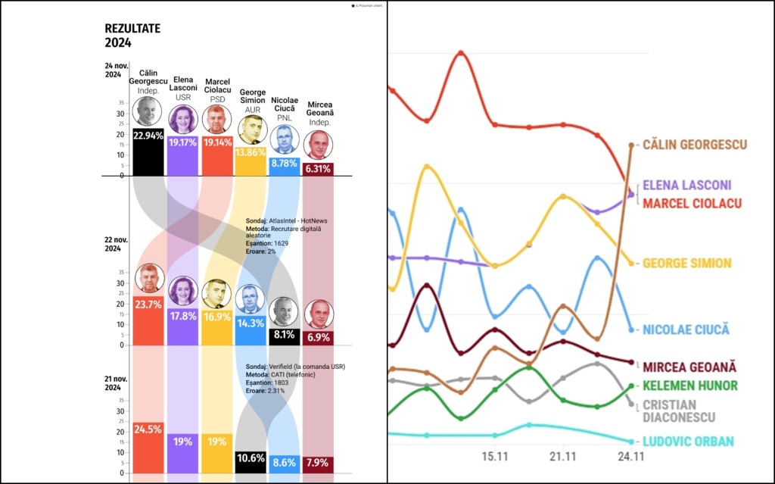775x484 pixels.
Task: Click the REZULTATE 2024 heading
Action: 132,36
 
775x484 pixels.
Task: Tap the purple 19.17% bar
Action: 182,155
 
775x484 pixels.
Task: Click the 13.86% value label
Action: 251,152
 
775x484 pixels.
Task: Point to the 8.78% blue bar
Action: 285,166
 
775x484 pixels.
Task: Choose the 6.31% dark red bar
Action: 318,169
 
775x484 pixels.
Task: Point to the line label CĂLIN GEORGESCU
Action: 694,145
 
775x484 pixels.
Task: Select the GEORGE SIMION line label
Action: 686,264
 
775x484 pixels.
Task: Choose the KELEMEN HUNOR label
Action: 689,386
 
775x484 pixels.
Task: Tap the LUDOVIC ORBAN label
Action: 688,442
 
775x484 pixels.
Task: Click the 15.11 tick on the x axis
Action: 495,457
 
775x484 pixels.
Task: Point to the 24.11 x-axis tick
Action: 631,457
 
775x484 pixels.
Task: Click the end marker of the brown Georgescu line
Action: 631,145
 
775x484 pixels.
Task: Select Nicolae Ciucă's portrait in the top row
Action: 284,139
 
